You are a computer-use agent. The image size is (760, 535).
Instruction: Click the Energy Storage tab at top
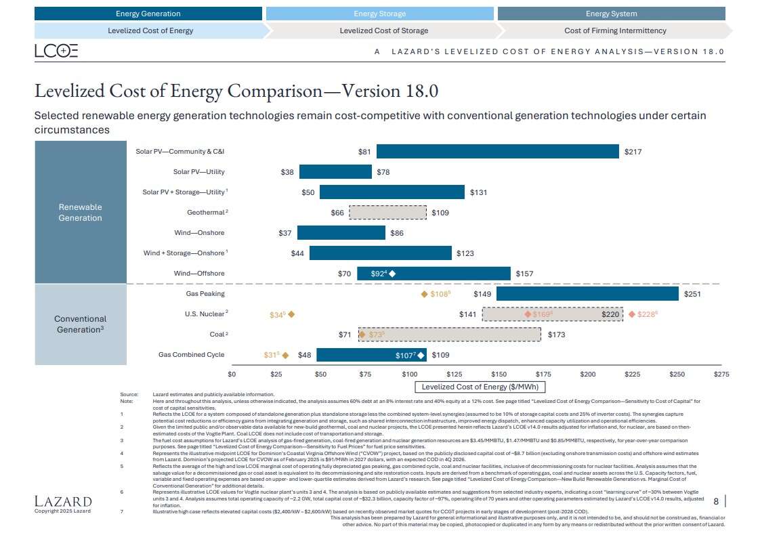tap(379, 14)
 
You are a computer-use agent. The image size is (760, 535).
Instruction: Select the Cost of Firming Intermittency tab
tap(614, 30)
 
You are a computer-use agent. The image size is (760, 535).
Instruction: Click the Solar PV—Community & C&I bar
tap(497, 152)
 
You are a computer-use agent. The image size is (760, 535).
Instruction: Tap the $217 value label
tap(633, 152)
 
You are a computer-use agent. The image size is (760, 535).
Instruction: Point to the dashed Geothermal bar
tap(387, 213)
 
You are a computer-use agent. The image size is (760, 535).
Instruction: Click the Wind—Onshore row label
tap(199, 233)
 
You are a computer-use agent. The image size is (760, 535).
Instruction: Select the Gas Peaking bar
tap(587, 294)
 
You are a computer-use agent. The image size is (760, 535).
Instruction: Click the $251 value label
tap(692, 294)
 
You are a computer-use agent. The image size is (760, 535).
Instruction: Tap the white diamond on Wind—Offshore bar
tap(392, 274)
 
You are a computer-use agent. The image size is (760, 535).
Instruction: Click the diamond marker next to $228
tap(632, 314)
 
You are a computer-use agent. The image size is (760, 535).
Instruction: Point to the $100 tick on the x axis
tap(409, 374)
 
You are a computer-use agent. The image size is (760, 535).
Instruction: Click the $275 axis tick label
tap(721, 374)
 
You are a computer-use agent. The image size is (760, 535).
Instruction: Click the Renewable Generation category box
tap(80, 213)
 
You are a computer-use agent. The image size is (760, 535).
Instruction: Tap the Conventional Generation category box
tap(80, 324)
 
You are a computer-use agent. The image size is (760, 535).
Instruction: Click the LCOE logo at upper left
tap(56, 51)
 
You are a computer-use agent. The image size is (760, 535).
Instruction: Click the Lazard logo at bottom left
tap(63, 501)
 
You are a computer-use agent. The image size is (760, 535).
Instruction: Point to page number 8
tap(716, 501)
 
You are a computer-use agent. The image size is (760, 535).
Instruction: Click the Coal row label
tap(217, 335)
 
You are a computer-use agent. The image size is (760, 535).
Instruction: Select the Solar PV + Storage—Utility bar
tap(392, 192)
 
